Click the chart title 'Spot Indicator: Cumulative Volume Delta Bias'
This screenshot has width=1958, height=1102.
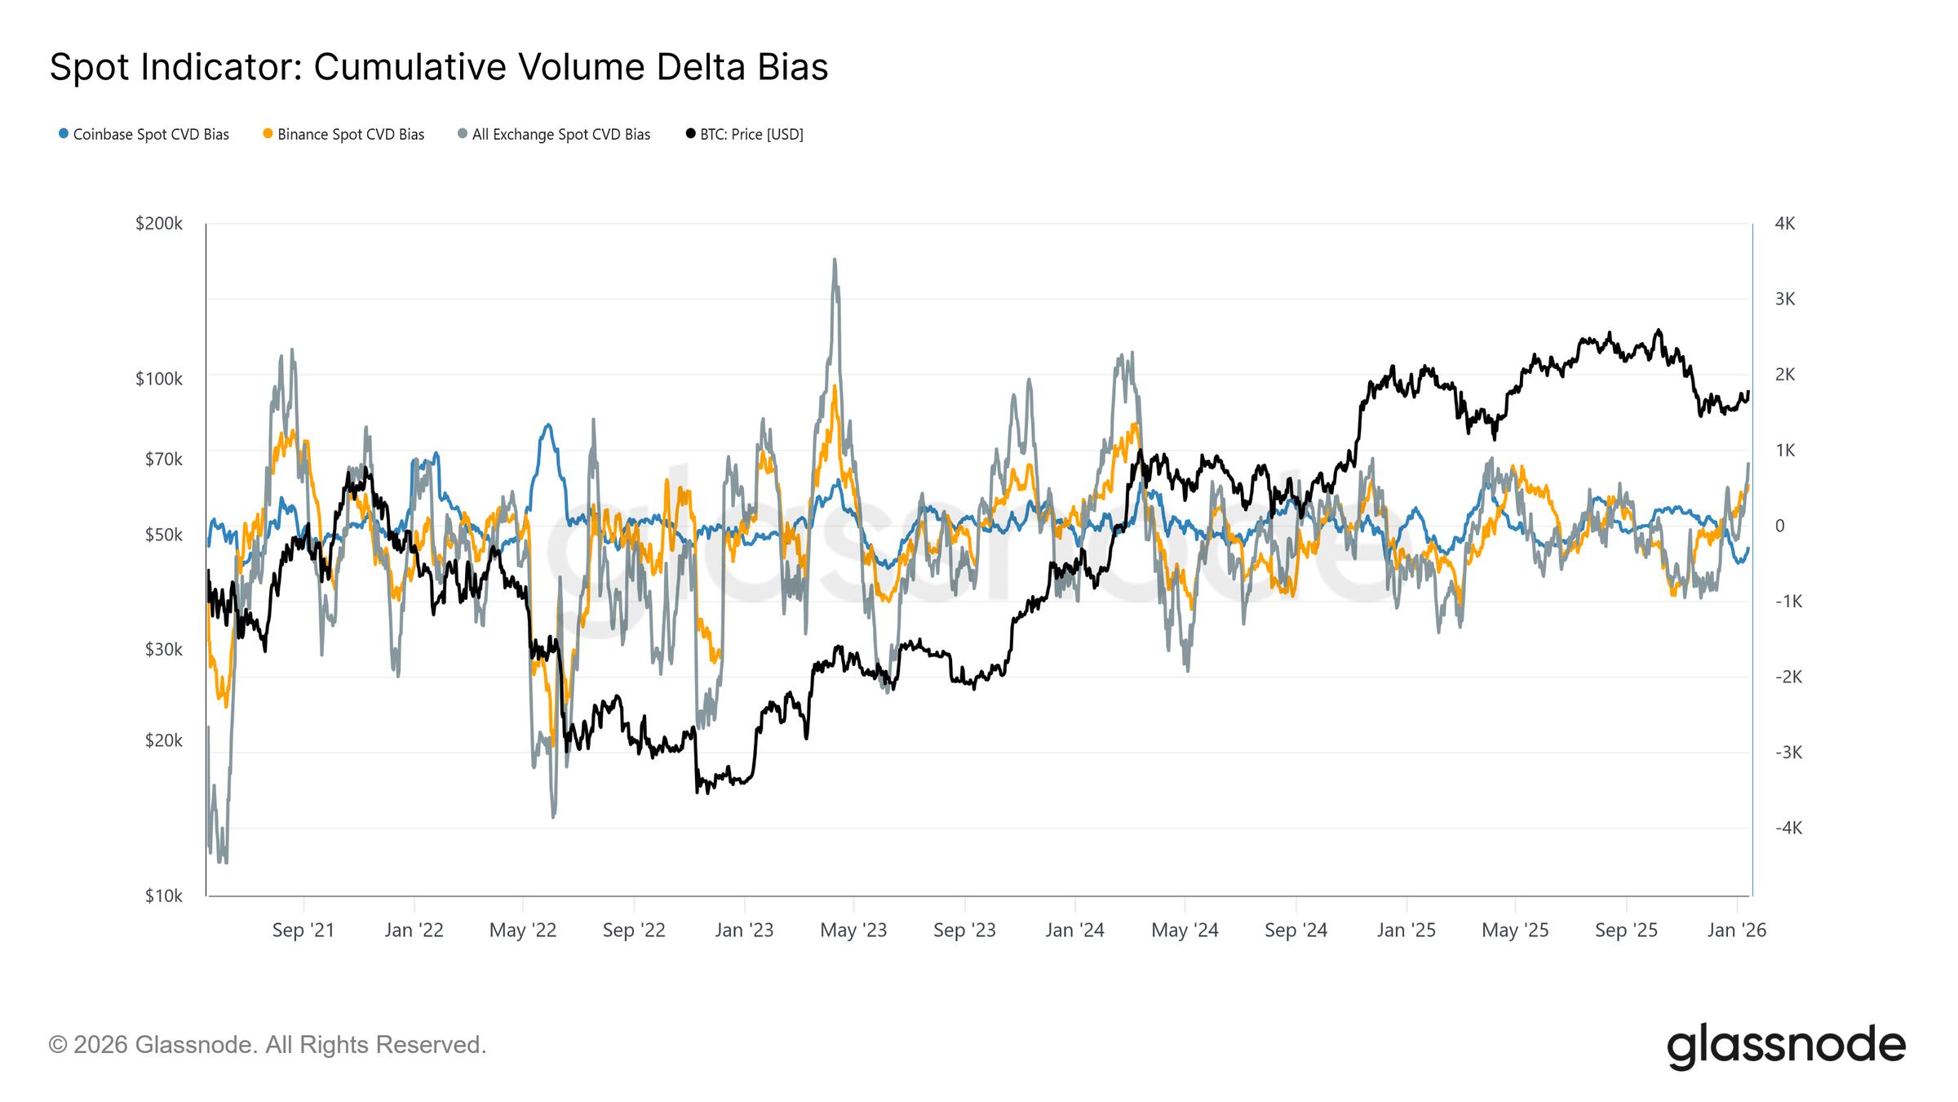pyautogui.click(x=438, y=67)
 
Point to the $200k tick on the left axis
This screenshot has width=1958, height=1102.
pyautogui.click(x=159, y=224)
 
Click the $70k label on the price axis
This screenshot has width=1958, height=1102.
pyautogui.click(x=163, y=460)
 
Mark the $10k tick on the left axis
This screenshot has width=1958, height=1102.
pyautogui.click(x=163, y=896)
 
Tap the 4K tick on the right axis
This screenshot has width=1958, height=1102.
pyautogui.click(x=1784, y=224)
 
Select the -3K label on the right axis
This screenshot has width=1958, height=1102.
pyautogui.click(x=1788, y=753)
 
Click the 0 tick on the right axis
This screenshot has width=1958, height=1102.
pyautogui.click(x=1779, y=526)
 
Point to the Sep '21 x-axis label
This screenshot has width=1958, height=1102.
pyautogui.click(x=303, y=931)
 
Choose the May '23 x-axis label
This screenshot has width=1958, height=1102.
pyautogui.click(x=853, y=931)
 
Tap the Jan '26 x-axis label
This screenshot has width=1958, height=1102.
pyautogui.click(x=1736, y=931)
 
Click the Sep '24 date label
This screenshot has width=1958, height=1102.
pyautogui.click(x=1296, y=931)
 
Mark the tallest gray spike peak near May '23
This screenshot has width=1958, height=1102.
pyautogui.click(x=834, y=260)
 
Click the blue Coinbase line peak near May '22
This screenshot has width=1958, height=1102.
pyautogui.click(x=548, y=424)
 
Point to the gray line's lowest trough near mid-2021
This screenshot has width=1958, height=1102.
pyautogui.click(x=224, y=861)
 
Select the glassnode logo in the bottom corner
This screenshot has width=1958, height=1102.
pyautogui.click(x=1786, y=1046)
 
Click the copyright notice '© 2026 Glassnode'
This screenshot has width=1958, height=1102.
pyautogui.click(x=268, y=1045)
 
